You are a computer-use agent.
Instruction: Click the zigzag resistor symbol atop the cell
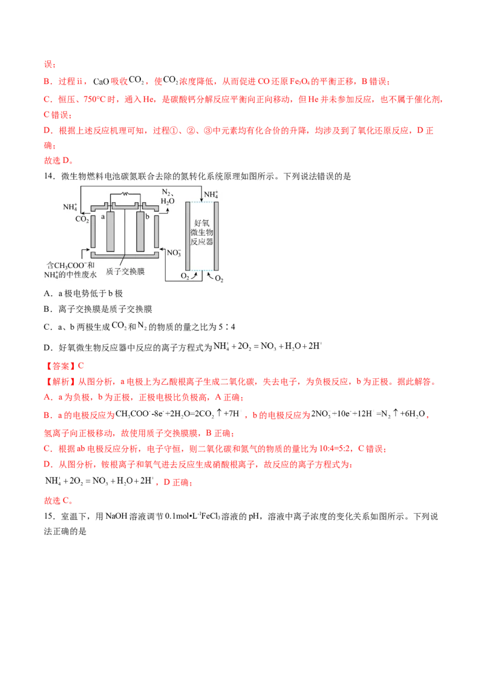[x=125, y=194]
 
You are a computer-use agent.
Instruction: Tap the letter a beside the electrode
[x=103, y=216]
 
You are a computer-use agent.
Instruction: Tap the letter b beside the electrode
[x=149, y=216]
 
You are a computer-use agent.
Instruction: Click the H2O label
[x=168, y=201]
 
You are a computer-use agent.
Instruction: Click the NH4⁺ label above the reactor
[x=211, y=194]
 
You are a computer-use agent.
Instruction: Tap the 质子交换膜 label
[x=125, y=272]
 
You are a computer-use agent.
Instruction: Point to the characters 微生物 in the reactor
[x=200, y=234]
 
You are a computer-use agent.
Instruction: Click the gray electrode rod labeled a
[x=110, y=232]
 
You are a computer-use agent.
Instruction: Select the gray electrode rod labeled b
[x=141, y=232]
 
